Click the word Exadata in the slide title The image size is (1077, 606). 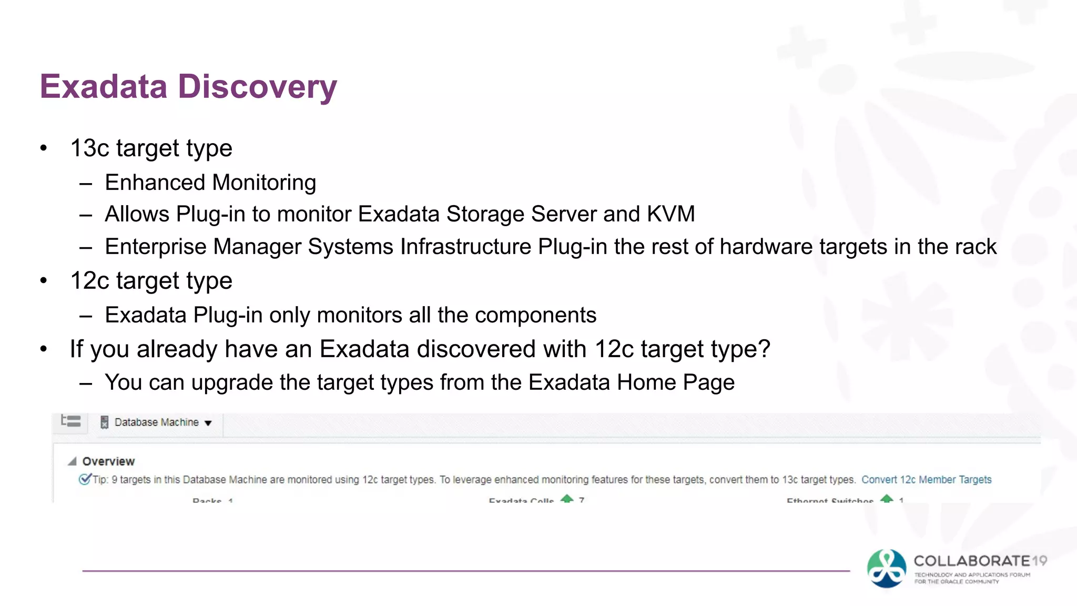coord(103,86)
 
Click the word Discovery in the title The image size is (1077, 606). coord(257,87)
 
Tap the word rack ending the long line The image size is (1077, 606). coord(977,247)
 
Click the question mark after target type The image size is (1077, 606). coord(764,349)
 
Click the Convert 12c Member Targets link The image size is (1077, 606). coord(926,480)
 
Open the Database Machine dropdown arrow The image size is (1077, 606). coord(208,423)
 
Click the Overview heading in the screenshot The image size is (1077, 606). coord(108,461)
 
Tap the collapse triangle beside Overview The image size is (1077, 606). coord(72,461)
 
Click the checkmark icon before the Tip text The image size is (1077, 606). coord(84,479)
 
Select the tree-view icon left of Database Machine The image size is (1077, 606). coord(71,421)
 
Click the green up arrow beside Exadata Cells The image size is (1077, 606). coord(567,499)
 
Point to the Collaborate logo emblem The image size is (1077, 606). coord(886,568)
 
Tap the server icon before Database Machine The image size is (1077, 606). coord(105,422)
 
